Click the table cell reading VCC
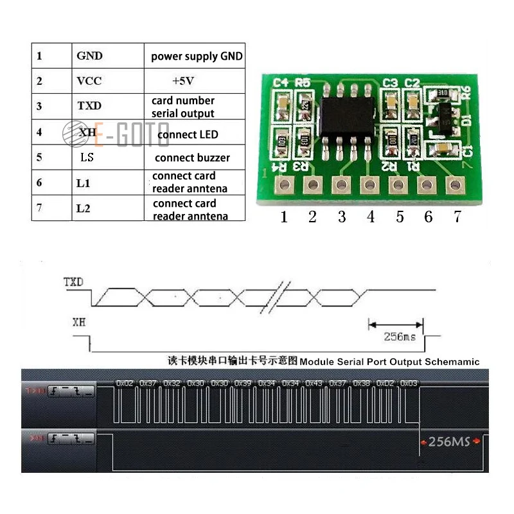click(89, 81)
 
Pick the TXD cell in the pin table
click(89, 106)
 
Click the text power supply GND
click(197, 57)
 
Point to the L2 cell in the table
click(83, 209)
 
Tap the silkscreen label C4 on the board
click(281, 83)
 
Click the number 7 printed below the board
click(457, 217)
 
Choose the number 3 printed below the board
click(341, 217)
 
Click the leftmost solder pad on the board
click(285, 186)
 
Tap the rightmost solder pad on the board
click(456, 186)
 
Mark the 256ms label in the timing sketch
click(398, 337)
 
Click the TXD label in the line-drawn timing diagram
click(73, 282)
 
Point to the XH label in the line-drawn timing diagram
click(78, 321)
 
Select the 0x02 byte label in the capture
click(125, 383)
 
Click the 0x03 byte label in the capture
click(408, 383)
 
